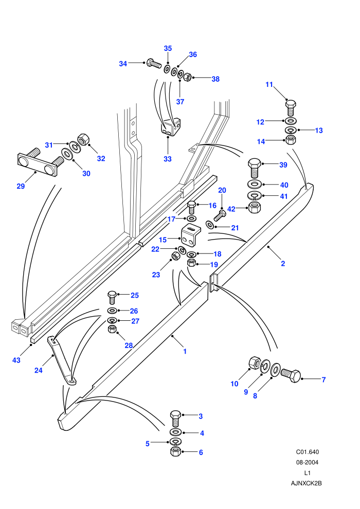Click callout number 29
point(21,186)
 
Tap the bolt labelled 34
point(154,63)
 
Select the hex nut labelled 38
point(188,77)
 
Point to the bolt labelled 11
point(291,107)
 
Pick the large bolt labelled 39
point(255,168)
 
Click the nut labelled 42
point(255,207)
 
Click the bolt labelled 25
point(112,297)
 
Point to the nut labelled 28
point(112,329)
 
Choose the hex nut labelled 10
point(254,363)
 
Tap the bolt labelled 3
point(175,419)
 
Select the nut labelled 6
point(175,451)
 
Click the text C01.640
point(308,452)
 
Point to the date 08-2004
point(308,462)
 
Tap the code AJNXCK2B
point(307,483)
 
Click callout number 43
point(16,360)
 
